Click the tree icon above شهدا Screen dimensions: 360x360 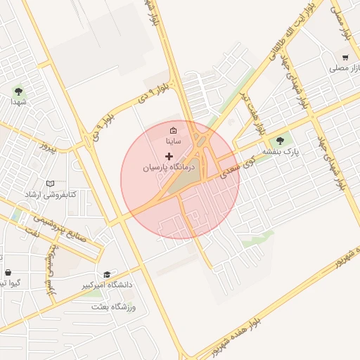point(18,90)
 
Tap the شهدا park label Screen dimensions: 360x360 point(18,102)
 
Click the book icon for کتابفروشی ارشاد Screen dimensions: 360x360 point(49,184)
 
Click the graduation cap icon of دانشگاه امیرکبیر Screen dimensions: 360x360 point(107,274)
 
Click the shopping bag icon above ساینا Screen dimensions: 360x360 point(173,130)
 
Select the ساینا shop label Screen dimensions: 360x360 point(173,141)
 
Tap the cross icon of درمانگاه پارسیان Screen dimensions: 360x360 point(167,155)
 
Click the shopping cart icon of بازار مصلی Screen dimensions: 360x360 point(345,58)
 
